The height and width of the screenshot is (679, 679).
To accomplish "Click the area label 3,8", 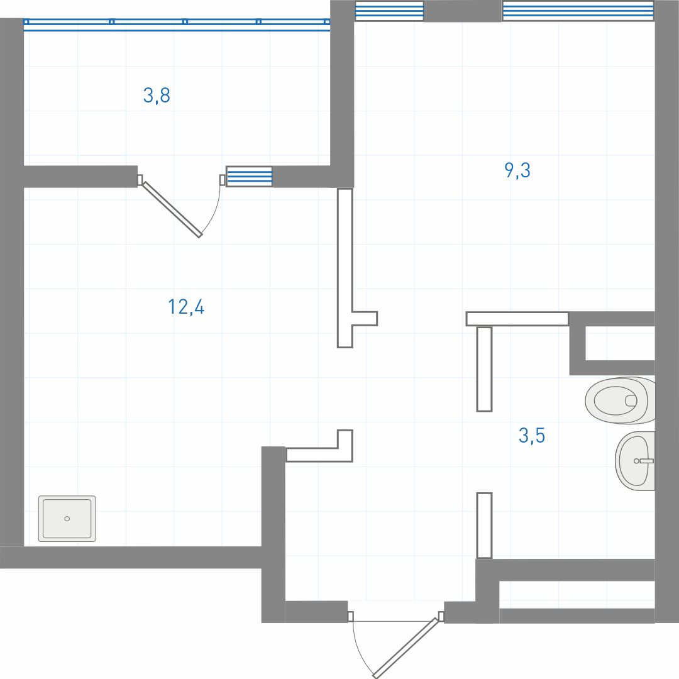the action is (157, 96).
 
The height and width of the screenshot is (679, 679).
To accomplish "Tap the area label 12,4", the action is (186, 307).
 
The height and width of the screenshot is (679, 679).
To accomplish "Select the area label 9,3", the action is (517, 170).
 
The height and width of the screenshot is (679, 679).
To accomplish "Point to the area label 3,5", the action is (532, 435).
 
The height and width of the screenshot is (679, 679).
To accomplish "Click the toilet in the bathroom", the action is (620, 400).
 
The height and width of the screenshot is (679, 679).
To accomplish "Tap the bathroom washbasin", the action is (635, 461).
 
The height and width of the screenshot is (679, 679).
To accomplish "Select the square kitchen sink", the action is (67, 519).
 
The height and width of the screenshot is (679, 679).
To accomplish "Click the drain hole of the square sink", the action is (67, 519).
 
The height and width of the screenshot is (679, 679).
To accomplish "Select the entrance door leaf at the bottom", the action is (406, 648).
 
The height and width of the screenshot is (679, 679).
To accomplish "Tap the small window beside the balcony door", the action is (250, 177).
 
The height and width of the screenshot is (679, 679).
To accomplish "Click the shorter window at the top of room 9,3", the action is (389, 11).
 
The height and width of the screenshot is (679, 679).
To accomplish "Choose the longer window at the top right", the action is (578, 11).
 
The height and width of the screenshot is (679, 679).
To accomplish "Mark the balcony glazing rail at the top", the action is (177, 25).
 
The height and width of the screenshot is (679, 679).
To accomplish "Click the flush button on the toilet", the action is (631, 400).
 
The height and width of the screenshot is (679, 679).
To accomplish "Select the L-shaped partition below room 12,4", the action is (319, 446).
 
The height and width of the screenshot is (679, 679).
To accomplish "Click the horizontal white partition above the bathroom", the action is (517, 319).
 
